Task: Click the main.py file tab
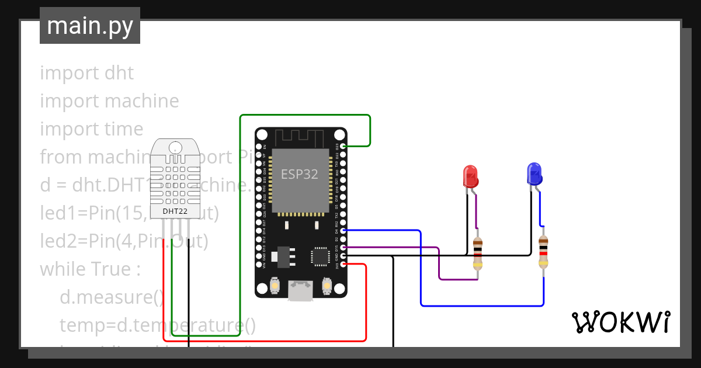tap(90, 26)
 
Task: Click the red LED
tap(470, 176)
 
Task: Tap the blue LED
tap(534, 173)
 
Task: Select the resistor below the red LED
tap(478, 254)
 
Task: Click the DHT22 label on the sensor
tap(175, 211)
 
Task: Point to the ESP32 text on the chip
tap(300, 174)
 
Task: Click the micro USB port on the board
tap(300, 290)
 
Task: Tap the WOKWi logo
tap(620, 322)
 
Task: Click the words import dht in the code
tap(87, 73)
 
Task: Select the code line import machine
tap(109, 101)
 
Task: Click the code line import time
tap(91, 129)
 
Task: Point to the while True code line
tap(90, 269)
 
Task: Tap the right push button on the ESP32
tap(327, 287)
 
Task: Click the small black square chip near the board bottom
tap(320, 256)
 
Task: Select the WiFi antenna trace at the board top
tap(300, 138)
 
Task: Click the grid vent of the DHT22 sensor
tap(175, 180)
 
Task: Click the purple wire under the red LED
tap(458, 279)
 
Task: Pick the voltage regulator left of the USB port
tap(284, 255)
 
